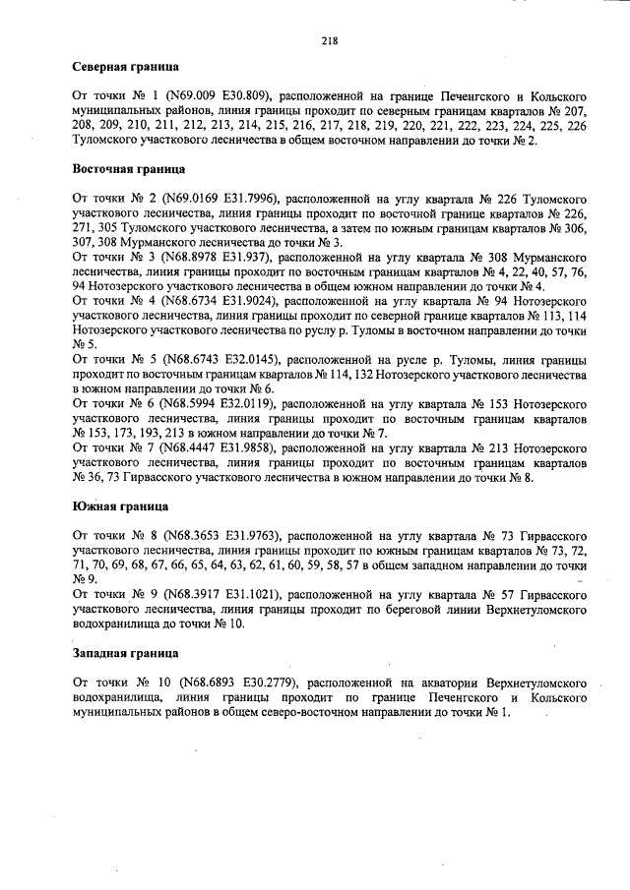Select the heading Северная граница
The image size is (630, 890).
pyautogui.click(x=126, y=71)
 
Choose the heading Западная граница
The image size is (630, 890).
pyautogui.click(x=126, y=653)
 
